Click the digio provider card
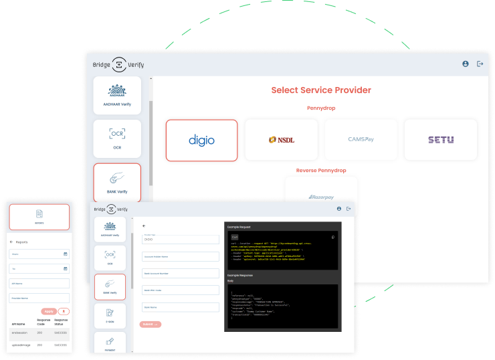201,140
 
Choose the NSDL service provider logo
281,140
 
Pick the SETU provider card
441,140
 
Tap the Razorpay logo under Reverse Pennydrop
321,197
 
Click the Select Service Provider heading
321,90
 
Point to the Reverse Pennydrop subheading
321,171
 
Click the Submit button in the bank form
151,324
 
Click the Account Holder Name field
181,256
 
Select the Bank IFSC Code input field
181,290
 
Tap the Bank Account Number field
181,273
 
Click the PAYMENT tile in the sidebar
110,344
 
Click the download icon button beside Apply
64,311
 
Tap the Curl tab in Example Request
235,237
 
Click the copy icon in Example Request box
333,237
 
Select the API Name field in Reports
39,283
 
